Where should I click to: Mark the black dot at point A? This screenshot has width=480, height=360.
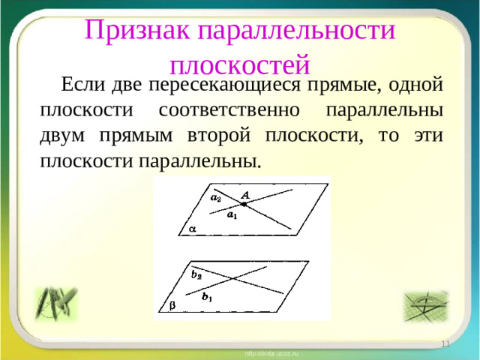(244, 204)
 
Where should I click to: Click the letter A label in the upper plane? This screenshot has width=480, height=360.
(244, 193)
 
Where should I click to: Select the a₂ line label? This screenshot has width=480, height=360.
(215, 198)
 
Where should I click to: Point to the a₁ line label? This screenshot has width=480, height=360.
(232, 215)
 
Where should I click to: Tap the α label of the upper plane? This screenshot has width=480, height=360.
(191, 229)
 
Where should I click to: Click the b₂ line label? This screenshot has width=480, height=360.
(196, 274)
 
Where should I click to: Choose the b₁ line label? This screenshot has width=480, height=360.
(207, 297)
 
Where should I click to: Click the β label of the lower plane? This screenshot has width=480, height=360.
(172, 307)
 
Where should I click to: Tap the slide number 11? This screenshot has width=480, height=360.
(445, 343)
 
